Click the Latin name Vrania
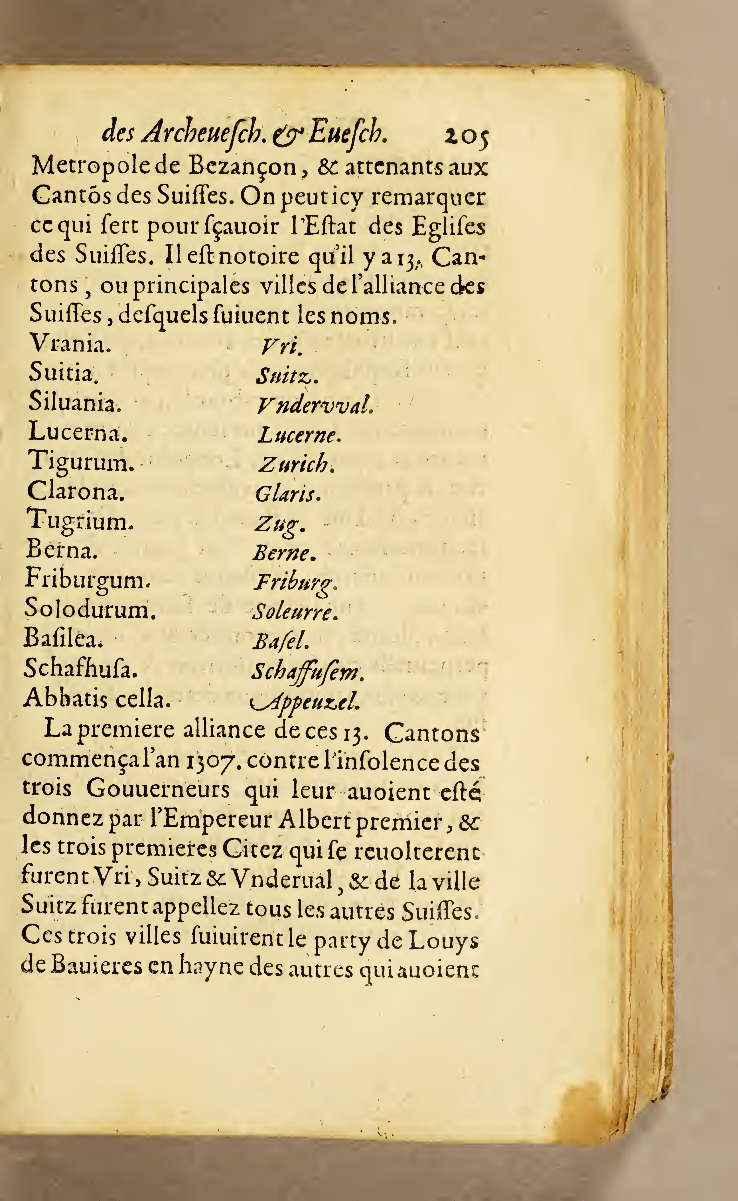[x=70, y=344]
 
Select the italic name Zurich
[x=296, y=464]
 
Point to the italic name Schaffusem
[x=307, y=672]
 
